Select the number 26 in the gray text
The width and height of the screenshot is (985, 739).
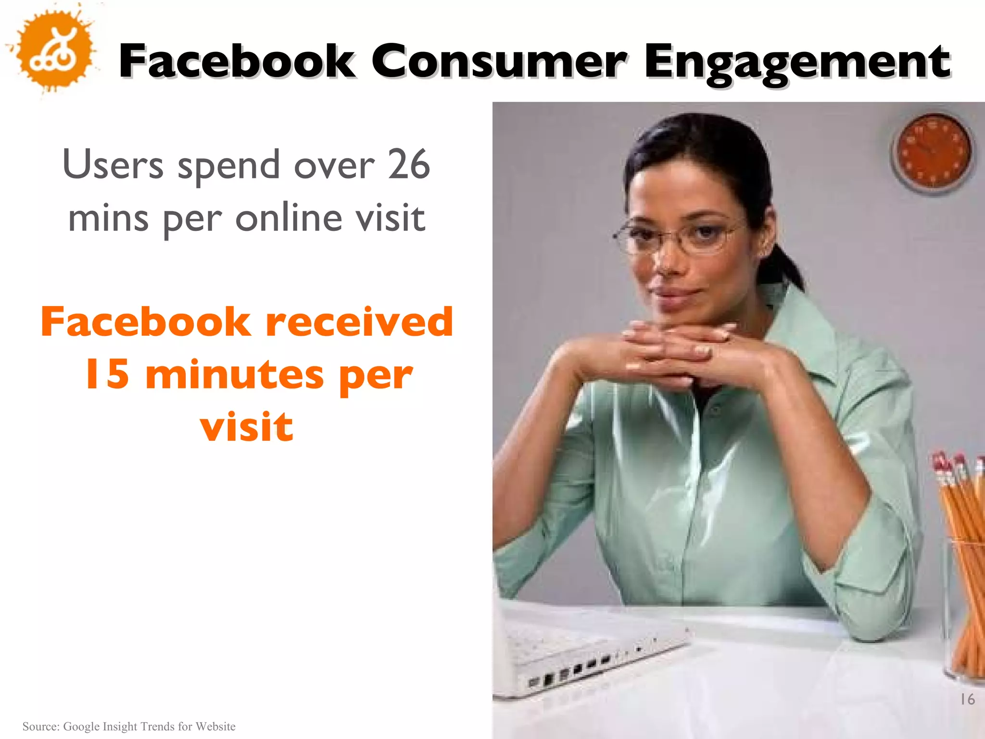tap(408, 165)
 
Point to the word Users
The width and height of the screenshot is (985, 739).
tap(114, 165)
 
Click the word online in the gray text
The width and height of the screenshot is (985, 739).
tap(288, 218)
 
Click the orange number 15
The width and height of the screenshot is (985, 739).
tap(107, 374)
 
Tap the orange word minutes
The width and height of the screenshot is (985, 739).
tap(235, 374)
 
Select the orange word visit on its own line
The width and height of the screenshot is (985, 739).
tap(247, 427)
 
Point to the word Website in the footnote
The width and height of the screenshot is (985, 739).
tap(215, 726)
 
